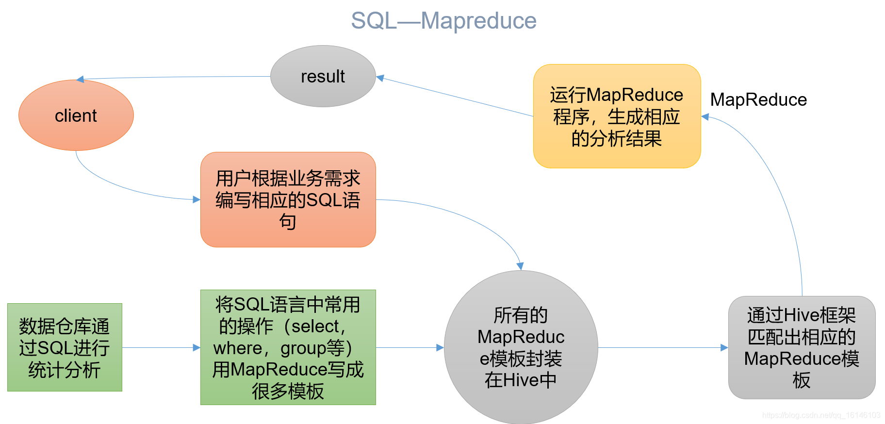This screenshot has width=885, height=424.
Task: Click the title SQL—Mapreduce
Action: (x=443, y=21)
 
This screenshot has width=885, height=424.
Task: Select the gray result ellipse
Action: (x=323, y=76)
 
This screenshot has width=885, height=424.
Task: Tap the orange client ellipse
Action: (x=76, y=115)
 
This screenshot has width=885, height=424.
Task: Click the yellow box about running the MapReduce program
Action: (x=617, y=116)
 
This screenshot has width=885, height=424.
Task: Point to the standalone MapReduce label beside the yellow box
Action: (x=758, y=100)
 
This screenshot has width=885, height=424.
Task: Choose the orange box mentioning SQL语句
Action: (x=288, y=199)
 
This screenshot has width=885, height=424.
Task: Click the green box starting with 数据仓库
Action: (x=65, y=347)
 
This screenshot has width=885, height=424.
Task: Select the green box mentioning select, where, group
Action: (x=288, y=347)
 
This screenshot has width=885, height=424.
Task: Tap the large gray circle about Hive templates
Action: (x=521, y=347)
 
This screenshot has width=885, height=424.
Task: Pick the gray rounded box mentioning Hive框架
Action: (x=802, y=347)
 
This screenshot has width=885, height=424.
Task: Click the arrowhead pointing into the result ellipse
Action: (x=380, y=78)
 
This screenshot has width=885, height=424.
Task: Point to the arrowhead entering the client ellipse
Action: (x=81, y=79)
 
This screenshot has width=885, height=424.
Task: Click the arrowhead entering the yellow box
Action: (x=705, y=116)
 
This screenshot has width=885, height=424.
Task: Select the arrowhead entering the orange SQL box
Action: (x=197, y=199)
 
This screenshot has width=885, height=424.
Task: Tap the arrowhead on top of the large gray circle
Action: (x=520, y=266)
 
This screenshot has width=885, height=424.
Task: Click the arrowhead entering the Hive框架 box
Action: (x=724, y=347)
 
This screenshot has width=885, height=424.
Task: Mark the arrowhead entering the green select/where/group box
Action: (x=197, y=347)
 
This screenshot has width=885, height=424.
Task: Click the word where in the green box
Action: (x=238, y=348)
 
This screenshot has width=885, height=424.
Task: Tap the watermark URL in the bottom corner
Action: (x=821, y=415)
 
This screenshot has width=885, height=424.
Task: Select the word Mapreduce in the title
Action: (x=478, y=21)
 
